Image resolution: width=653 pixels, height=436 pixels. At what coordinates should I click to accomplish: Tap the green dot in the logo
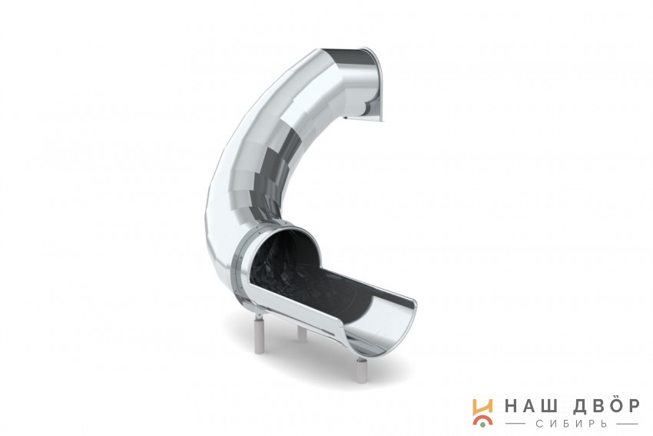[482, 424]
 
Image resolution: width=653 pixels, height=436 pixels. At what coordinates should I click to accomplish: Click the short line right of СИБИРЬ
[625, 424]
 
